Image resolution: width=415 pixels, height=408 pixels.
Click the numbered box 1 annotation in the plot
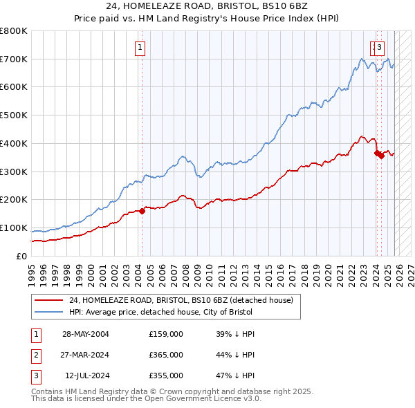coord(140,48)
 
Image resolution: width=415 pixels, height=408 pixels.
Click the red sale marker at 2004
coord(142,211)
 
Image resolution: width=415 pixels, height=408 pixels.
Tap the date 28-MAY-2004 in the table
coord(85,334)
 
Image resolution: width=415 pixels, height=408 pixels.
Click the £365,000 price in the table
coord(166,355)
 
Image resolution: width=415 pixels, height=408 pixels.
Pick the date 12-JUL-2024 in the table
coord(85,375)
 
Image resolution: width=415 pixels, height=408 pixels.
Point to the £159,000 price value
coord(166,334)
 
